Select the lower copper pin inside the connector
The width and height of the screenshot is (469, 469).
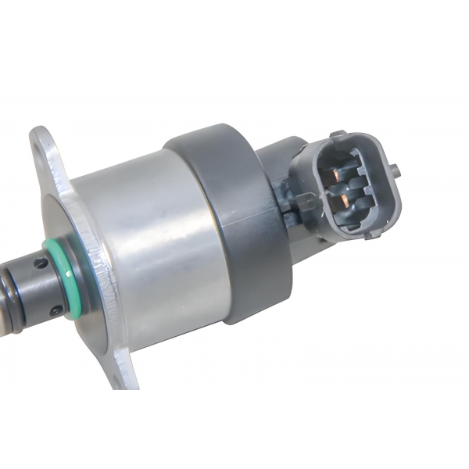tap(341, 203)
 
